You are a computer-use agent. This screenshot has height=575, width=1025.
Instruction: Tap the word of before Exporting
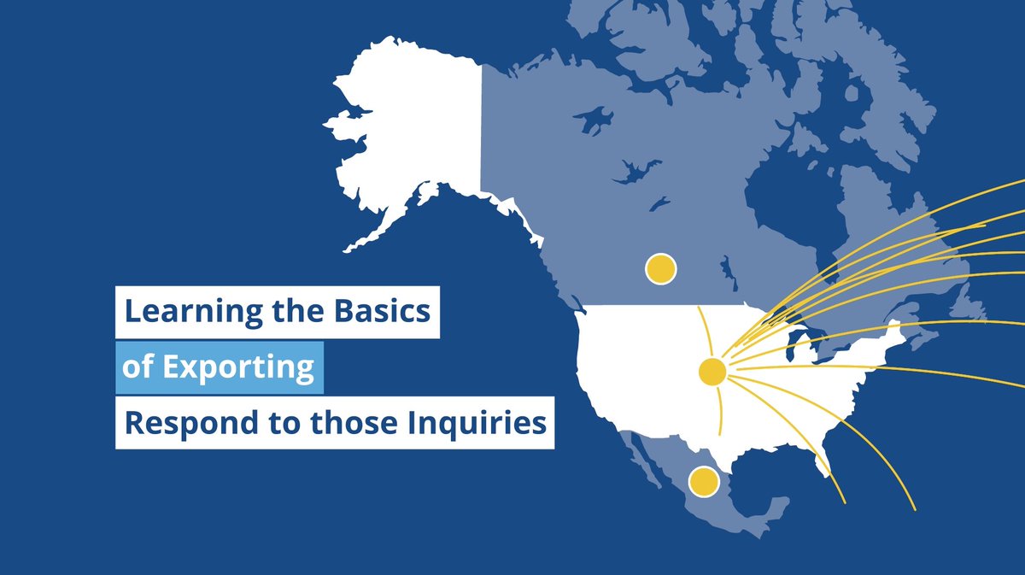(x=137, y=367)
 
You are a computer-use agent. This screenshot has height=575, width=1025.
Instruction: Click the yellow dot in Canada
(x=660, y=269)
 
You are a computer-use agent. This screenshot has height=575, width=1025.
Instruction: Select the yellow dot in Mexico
(x=703, y=481)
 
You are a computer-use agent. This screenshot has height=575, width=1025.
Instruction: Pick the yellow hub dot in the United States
(x=712, y=372)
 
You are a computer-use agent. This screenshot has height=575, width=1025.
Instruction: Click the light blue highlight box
(x=220, y=367)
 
